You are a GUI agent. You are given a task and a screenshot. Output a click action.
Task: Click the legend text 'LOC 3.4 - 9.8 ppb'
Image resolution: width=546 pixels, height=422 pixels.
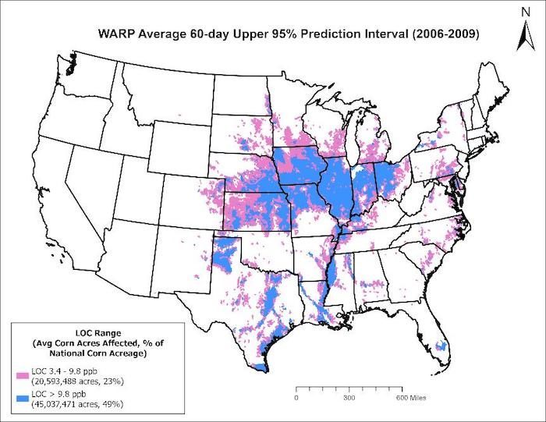(63, 372)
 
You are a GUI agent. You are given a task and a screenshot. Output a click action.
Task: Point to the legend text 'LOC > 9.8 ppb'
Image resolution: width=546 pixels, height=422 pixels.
(57, 394)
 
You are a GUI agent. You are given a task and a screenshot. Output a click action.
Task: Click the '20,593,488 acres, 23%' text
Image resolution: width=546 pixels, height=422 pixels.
(76, 381)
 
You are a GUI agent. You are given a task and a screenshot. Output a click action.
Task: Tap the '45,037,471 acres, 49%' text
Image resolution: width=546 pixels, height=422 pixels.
(76, 403)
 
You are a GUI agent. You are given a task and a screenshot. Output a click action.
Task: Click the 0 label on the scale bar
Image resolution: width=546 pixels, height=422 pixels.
(296, 397)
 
